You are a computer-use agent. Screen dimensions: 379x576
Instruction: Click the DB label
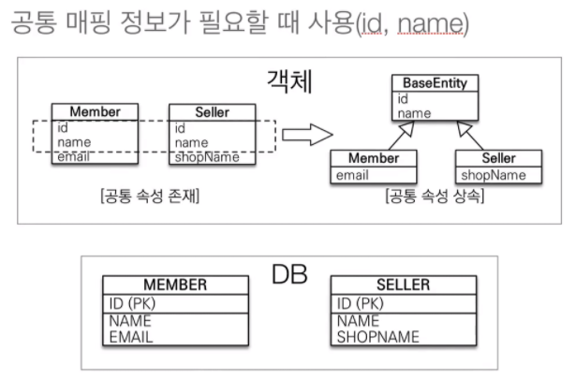pos(290,273)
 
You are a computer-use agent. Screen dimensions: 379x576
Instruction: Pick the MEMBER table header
pos(175,284)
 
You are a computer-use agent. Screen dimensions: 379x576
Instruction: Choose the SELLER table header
pos(402,284)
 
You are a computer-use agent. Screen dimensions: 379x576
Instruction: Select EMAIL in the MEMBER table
pos(131,335)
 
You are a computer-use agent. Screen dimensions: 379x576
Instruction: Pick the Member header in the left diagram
pos(94,111)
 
